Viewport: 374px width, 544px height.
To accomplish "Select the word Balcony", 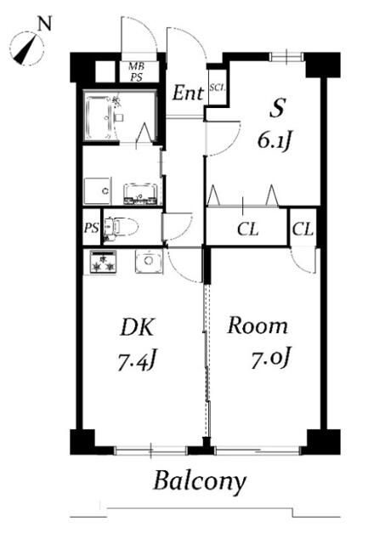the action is point(200,482).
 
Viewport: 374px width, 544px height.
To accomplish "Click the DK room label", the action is point(137,327).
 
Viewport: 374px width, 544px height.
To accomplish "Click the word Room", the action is point(258,326).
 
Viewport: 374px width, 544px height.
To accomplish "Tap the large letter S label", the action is point(277,108).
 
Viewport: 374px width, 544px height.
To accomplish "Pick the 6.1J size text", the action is point(274,140).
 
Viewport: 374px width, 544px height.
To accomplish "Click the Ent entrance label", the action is point(188,93).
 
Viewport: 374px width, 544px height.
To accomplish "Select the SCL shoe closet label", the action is point(218,88).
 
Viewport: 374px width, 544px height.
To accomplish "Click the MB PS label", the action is point(137,71).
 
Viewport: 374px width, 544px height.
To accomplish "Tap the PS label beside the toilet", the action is point(91,228).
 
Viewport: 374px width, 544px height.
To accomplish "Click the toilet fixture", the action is point(121,227).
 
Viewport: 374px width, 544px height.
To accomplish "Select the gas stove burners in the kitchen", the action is point(103,263).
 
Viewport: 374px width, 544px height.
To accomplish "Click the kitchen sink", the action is point(149,261).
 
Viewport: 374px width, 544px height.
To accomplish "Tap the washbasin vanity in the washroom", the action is point(141,194).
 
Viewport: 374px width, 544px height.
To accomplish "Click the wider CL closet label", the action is point(247,229).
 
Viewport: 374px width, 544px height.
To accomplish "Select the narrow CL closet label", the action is point(303,229).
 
